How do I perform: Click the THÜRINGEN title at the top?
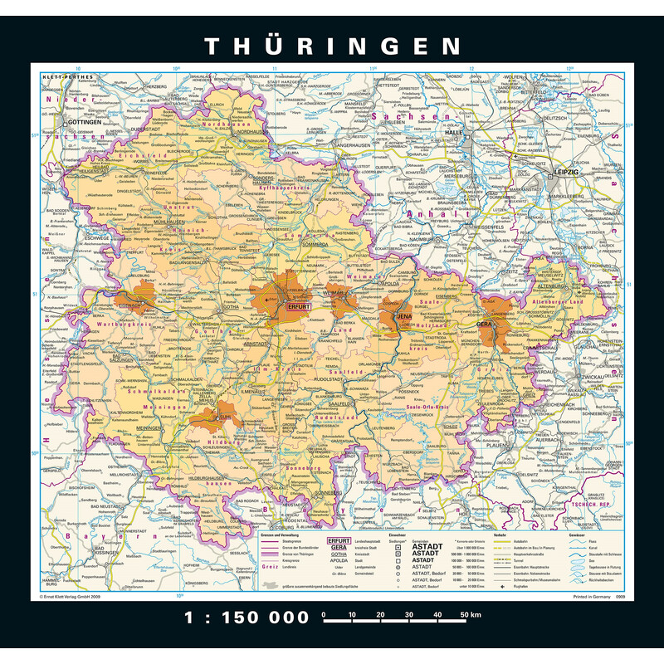coord(332,45)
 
